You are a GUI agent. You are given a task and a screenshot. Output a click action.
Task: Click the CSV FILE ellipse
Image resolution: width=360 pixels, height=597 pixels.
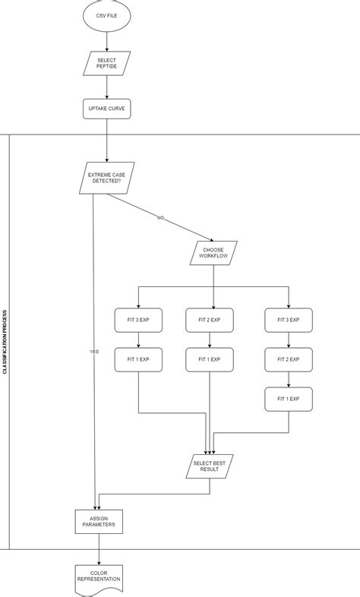(106, 14)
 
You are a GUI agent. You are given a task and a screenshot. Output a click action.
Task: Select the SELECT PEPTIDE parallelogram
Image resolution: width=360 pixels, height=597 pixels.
(106, 63)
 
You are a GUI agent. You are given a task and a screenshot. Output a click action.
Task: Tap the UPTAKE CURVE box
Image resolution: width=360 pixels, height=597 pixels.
(106, 109)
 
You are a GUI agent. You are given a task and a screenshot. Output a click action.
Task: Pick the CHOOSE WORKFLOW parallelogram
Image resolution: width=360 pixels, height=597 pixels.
(213, 253)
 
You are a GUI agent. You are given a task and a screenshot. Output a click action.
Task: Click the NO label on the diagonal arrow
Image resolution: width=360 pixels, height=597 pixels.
(160, 218)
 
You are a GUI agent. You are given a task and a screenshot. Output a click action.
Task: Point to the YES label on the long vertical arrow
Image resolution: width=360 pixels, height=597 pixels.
(94, 352)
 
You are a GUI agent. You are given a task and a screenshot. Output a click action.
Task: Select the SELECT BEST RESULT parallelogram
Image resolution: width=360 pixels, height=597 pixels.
(210, 466)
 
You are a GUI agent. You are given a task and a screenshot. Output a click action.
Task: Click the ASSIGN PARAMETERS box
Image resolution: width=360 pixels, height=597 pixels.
(99, 522)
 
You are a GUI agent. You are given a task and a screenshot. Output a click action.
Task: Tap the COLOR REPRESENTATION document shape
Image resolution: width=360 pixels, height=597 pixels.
(99, 576)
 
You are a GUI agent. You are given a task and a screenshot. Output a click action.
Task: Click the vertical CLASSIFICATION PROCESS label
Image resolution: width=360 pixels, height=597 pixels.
(5, 342)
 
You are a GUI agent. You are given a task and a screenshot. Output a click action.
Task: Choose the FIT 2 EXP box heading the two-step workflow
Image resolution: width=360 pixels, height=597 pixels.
(209, 320)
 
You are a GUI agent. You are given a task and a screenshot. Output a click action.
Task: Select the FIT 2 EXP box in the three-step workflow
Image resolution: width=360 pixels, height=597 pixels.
(289, 359)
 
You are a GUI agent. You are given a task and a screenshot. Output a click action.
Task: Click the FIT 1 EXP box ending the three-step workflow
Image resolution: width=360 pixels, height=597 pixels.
(289, 399)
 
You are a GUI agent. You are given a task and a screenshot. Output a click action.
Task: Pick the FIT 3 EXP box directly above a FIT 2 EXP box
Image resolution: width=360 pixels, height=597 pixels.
(289, 320)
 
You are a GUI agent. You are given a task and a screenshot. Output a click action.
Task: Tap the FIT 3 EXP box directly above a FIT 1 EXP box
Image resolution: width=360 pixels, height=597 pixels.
(138, 320)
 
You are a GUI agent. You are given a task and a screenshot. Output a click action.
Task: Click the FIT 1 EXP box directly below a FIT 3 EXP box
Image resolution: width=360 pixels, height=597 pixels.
(138, 359)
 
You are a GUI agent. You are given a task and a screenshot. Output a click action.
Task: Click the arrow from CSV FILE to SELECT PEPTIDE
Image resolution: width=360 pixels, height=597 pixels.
(106, 41)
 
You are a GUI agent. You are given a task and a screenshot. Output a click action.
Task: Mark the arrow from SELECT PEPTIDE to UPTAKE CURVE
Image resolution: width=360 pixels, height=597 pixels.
(106, 87)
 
